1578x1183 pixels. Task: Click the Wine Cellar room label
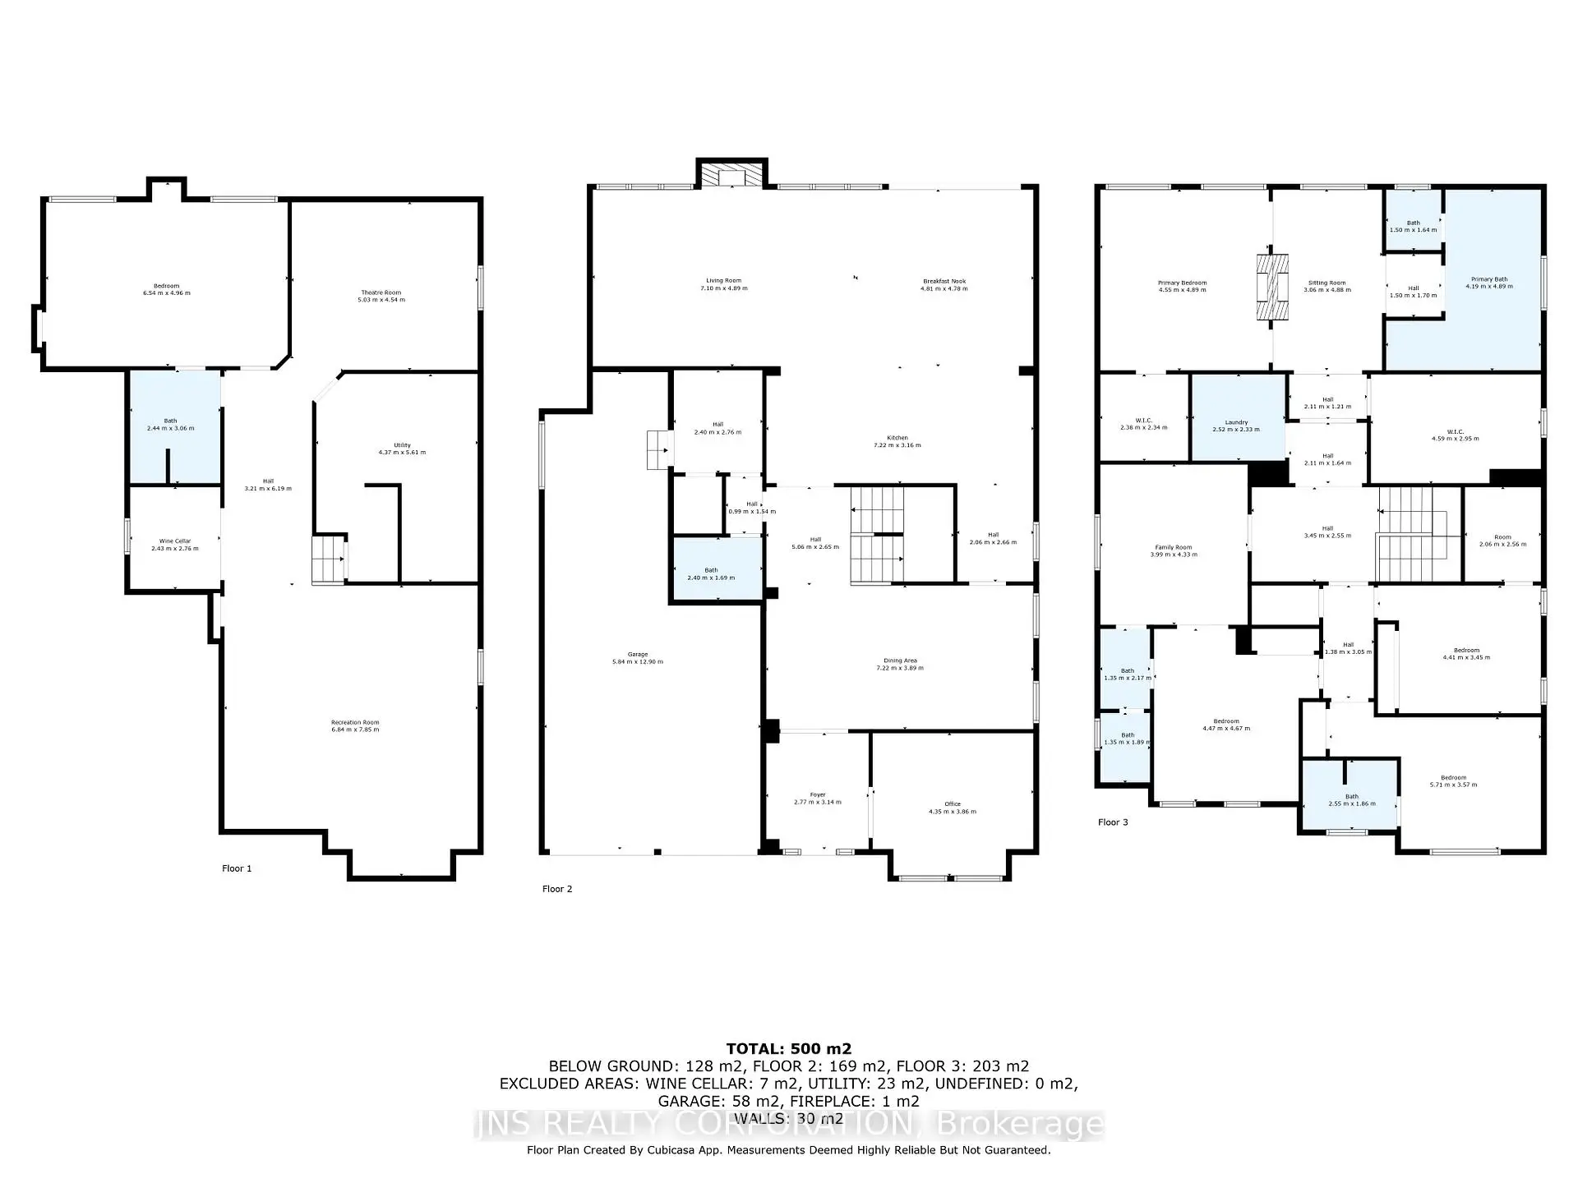coord(174,541)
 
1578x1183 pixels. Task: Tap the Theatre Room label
coord(381,292)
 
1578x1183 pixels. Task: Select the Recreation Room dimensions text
coord(355,730)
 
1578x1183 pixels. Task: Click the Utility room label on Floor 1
coord(402,445)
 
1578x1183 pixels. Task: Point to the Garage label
coord(637,655)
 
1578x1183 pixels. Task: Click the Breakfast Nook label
coord(944,282)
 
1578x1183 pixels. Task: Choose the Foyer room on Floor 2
coord(817,795)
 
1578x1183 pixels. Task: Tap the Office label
coord(952,804)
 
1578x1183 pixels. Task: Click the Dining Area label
coord(900,661)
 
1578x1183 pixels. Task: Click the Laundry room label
coord(1236,422)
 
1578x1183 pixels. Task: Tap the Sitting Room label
coord(1327,283)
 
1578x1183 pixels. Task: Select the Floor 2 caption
coord(557,889)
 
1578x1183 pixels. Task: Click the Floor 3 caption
coord(1113,822)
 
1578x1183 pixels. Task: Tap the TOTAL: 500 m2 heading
coord(788,1048)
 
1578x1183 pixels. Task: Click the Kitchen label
coord(897,438)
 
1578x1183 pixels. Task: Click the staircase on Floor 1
coord(328,559)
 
